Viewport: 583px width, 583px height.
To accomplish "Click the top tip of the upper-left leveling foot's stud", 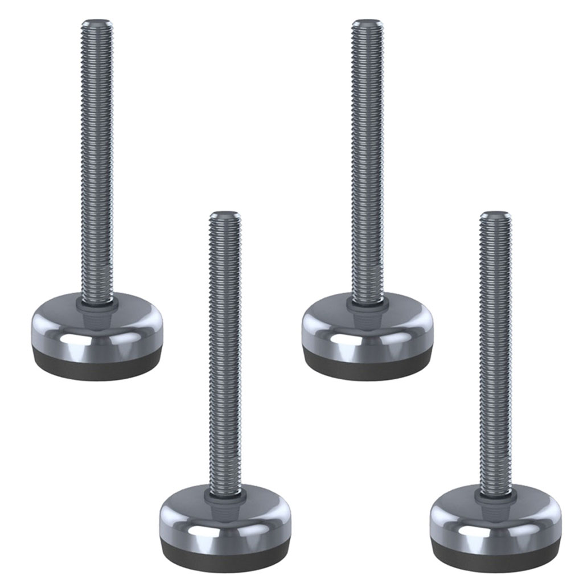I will coord(97,23).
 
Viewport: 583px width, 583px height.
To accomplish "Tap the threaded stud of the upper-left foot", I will coord(97,159).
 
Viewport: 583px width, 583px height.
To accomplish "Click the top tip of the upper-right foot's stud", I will coord(367,23).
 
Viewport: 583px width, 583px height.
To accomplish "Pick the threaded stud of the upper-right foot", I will coord(367,159).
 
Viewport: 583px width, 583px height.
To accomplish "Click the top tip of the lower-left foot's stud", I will coord(225,215).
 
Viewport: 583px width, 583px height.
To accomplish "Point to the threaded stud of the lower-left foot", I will coord(225,353).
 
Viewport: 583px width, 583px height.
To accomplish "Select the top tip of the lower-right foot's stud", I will coord(495,215).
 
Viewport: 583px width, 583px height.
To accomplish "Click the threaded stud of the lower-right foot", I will coord(495,353).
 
